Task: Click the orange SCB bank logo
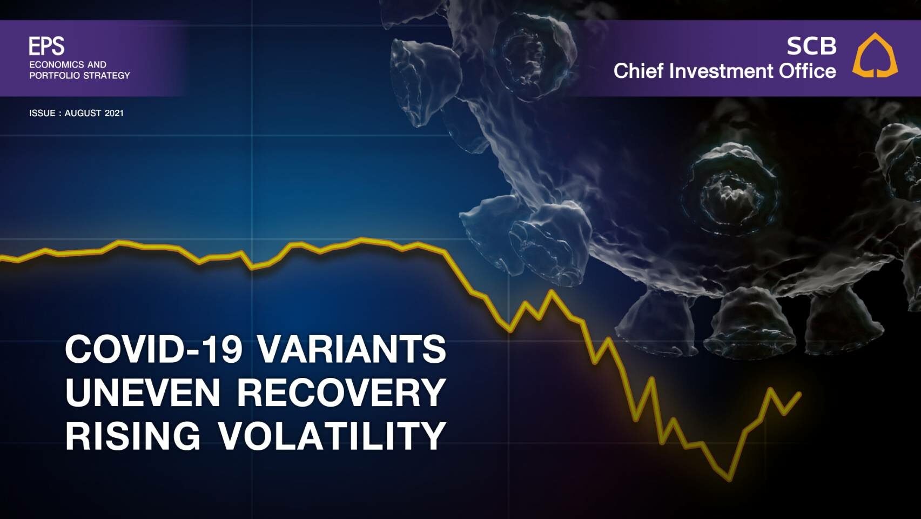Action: (x=875, y=55)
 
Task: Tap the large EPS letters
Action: (x=46, y=46)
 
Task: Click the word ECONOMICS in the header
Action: (x=56, y=65)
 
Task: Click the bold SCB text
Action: (x=812, y=46)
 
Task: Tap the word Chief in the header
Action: (x=638, y=71)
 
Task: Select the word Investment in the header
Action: (x=721, y=71)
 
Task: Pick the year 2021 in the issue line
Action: (x=114, y=113)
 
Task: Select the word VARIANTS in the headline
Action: (x=352, y=349)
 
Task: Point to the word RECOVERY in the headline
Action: (x=342, y=392)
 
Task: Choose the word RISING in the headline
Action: (x=133, y=436)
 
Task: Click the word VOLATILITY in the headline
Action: (x=332, y=436)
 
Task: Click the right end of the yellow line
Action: (x=799, y=394)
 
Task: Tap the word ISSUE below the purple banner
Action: (x=42, y=113)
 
